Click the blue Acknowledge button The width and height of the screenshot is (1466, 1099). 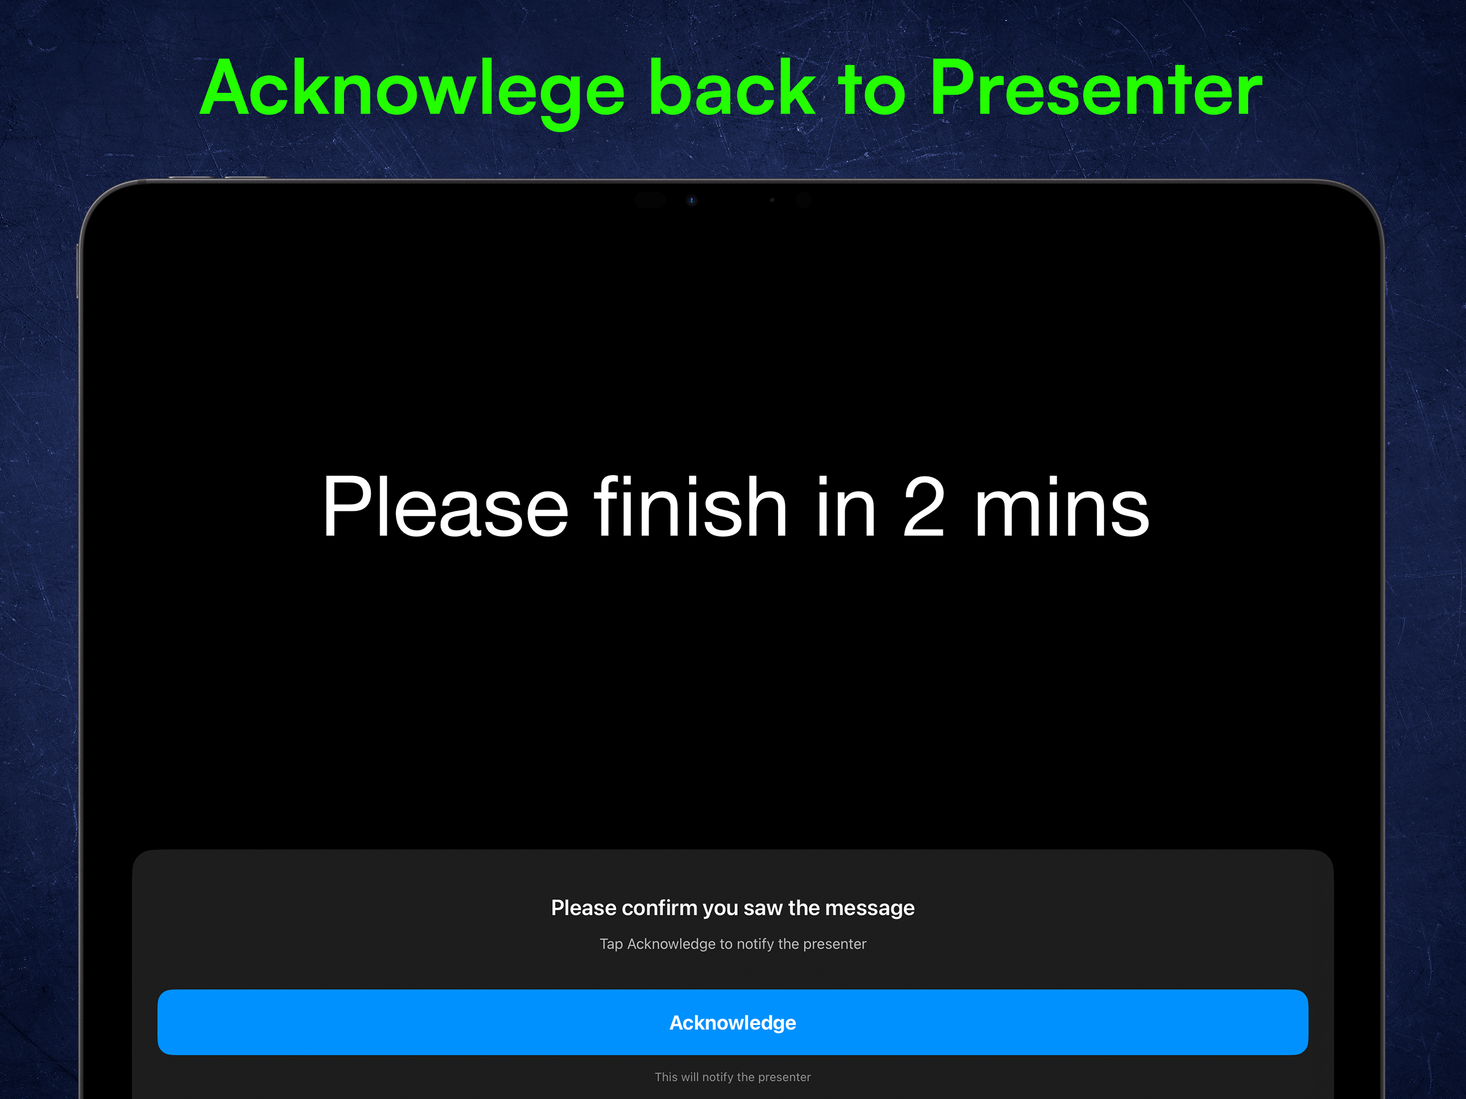tap(732, 1022)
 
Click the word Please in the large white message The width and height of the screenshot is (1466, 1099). tap(445, 507)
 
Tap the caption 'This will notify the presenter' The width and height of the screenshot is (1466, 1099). tap(732, 1077)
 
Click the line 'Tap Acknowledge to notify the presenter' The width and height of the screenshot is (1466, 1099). tap(732, 944)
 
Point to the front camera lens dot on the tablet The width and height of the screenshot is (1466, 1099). tap(691, 200)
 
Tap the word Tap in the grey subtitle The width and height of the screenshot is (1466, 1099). tap(611, 944)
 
